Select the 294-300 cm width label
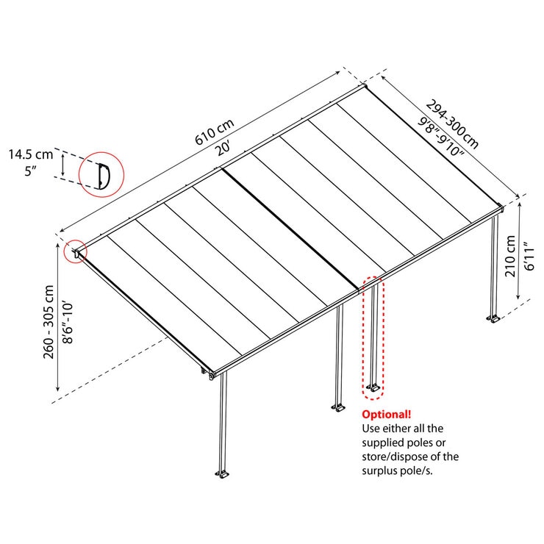(x=450, y=123)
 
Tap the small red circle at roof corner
(x=76, y=251)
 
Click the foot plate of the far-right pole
(x=493, y=318)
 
